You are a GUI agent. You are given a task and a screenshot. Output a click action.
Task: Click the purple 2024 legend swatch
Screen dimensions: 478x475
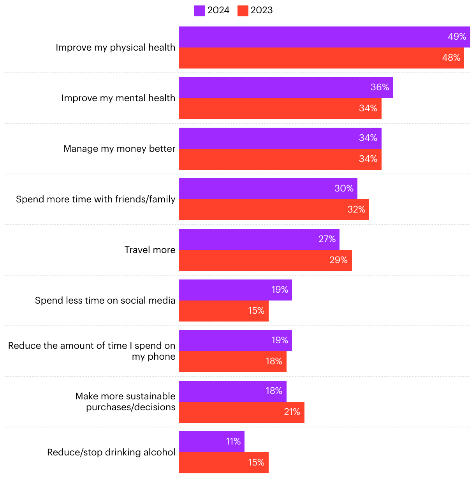pos(199,11)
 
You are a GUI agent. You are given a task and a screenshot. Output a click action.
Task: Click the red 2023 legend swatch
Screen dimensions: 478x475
pos(243,11)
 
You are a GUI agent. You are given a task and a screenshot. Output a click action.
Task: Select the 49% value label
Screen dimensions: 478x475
pos(457,37)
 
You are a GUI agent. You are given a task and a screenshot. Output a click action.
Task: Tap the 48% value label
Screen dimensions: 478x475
pos(451,58)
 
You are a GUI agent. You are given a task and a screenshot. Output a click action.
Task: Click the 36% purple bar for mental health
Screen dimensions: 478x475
pos(286,88)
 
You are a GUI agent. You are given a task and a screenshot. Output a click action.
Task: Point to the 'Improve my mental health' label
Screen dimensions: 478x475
pos(118,98)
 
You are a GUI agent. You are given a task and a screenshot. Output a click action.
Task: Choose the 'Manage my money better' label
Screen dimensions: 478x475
pos(119,149)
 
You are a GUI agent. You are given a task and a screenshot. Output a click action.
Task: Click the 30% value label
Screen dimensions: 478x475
pos(344,188)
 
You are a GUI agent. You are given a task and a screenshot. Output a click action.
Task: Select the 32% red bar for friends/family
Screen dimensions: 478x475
pos(274,210)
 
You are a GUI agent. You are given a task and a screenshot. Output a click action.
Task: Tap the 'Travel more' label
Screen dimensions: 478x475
pos(150,250)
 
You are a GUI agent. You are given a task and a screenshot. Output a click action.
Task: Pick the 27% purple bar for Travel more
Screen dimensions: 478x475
pos(259,239)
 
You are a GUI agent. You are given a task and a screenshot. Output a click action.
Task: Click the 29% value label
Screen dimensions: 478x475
pos(338,260)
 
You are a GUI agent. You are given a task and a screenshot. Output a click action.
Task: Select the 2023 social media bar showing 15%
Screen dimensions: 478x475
pos(223,311)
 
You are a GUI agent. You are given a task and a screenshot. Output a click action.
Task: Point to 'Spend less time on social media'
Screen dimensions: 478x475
pos(105,301)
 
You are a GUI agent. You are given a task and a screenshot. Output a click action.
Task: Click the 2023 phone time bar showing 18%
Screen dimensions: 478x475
pos(232,362)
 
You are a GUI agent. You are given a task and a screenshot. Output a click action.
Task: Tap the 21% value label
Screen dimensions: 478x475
pos(292,412)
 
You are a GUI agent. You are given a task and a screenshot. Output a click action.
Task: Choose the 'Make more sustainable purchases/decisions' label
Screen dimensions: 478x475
pos(125,402)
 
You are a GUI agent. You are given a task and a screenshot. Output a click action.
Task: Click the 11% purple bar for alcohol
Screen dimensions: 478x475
pos(211,442)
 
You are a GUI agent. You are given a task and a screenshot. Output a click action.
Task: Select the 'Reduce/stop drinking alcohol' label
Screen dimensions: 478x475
pos(111,452)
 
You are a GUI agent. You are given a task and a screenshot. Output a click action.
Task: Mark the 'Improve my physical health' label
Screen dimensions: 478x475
pos(115,47)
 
